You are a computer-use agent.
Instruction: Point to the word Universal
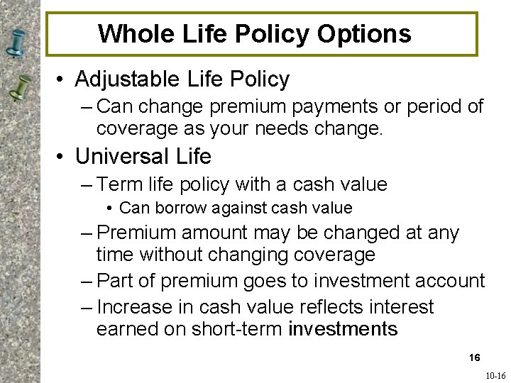pyautogui.click(x=121, y=155)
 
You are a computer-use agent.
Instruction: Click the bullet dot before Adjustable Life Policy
pyautogui.click(x=62, y=79)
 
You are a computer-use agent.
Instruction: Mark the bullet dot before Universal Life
pyautogui.click(x=62, y=156)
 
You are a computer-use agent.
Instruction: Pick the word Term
pyautogui.click(x=121, y=184)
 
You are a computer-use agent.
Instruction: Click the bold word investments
pyautogui.click(x=344, y=329)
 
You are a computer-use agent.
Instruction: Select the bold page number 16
pyautogui.click(x=474, y=357)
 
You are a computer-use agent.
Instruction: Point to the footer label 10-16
pyautogui.click(x=495, y=376)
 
